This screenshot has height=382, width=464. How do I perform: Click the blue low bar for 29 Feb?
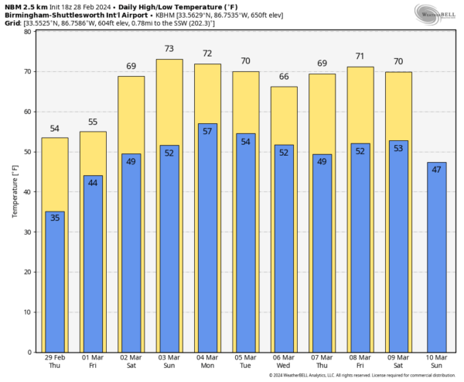click(x=55, y=282)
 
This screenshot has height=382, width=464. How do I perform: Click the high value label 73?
click(x=169, y=49)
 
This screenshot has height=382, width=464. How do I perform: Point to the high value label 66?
click(x=284, y=77)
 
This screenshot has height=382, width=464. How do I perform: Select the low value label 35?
click(x=55, y=218)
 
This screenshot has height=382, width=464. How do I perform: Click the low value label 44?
click(x=93, y=182)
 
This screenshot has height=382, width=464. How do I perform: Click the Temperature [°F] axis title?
click(x=14, y=191)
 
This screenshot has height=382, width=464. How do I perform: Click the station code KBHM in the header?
click(x=186, y=15)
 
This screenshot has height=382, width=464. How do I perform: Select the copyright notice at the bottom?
click(x=363, y=376)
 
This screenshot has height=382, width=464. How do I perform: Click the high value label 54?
click(x=55, y=128)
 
